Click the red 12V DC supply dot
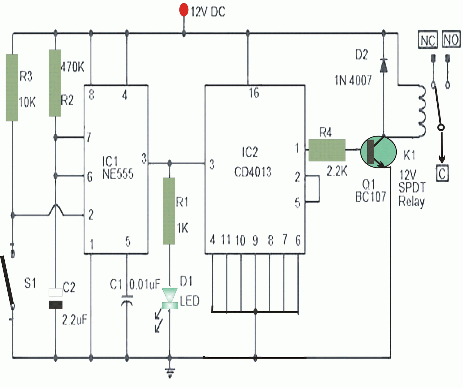point(183,10)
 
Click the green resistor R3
point(12,88)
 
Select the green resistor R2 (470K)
point(55,83)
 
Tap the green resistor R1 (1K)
point(169,211)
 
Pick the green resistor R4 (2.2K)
point(327,150)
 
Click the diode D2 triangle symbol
point(384,66)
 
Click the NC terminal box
point(428,40)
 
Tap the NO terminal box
point(451,39)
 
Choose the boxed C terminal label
point(442,173)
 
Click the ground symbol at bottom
point(170,372)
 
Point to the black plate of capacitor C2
point(56,305)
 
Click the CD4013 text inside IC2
point(253,172)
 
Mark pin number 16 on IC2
point(254,93)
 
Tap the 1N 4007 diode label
point(353,80)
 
